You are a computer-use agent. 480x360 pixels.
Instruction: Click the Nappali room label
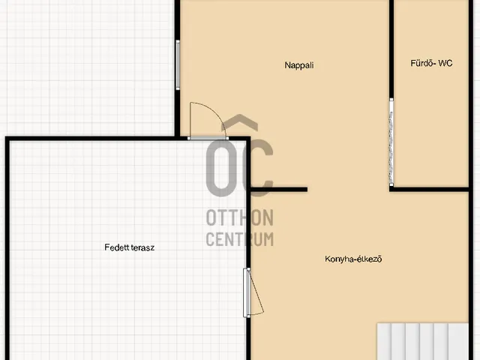click(299, 65)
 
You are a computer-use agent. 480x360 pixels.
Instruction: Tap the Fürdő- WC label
click(431, 63)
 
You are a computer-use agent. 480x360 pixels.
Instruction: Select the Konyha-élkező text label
click(353, 259)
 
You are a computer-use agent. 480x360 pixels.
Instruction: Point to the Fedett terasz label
click(129, 247)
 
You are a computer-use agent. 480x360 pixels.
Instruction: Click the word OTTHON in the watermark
click(240, 217)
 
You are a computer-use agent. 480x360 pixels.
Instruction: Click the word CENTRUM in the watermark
click(240, 239)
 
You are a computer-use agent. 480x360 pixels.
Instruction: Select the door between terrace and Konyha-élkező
click(253, 292)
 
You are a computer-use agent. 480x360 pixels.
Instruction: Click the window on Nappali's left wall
click(178, 65)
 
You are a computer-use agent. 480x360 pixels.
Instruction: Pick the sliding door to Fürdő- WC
click(391, 142)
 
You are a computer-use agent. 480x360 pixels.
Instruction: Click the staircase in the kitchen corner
click(423, 341)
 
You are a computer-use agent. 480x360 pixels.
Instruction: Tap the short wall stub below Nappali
click(279, 190)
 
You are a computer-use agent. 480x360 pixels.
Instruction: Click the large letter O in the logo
click(221, 168)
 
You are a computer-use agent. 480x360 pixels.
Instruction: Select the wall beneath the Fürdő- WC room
click(429, 190)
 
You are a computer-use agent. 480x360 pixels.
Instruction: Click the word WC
click(445, 63)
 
